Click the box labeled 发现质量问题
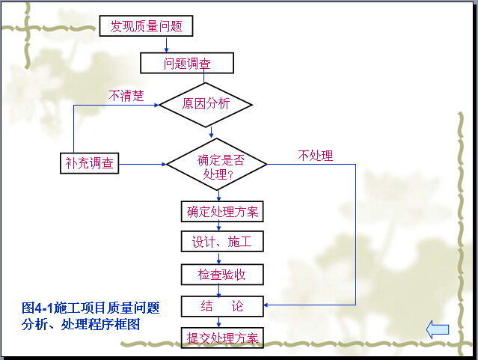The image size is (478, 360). [x=146, y=26]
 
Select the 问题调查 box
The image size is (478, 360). [x=187, y=63]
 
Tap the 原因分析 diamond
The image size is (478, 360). [x=206, y=105]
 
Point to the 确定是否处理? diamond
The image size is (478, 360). [x=217, y=165]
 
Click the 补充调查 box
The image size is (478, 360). [x=89, y=163]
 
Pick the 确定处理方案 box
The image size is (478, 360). [x=222, y=211]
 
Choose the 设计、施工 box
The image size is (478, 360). [x=222, y=241]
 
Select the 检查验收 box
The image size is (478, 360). [x=222, y=275]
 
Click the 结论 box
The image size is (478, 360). [x=222, y=306]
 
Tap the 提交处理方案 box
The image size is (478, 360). [x=222, y=338]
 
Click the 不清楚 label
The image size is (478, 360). [x=126, y=96]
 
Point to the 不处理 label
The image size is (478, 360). [x=316, y=156]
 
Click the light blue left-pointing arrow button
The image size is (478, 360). [x=438, y=329]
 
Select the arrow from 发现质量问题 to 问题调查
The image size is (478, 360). [x=167, y=45]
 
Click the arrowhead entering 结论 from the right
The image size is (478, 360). [x=266, y=305]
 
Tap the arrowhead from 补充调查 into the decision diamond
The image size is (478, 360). [x=164, y=164]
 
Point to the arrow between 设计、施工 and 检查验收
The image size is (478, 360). [x=218, y=258]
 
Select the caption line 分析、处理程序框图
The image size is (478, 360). [x=81, y=324]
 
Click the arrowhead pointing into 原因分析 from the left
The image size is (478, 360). [x=156, y=106]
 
